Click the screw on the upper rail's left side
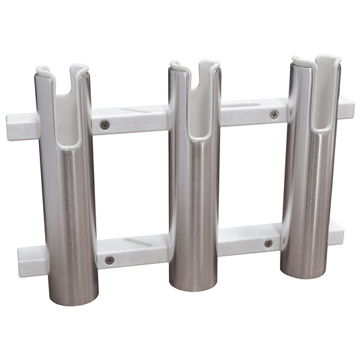pyautogui.click(x=105, y=124)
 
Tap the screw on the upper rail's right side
pyautogui.click(x=275, y=114)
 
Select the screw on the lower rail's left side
pyautogui.click(x=109, y=260)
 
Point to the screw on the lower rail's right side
pyautogui.click(x=268, y=243)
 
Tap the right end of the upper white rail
pyautogui.click(x=347, y=106)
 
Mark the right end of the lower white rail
pyautogui.click(x=338, y=231)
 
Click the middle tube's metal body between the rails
pyautogui.click(x=194, y=182)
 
